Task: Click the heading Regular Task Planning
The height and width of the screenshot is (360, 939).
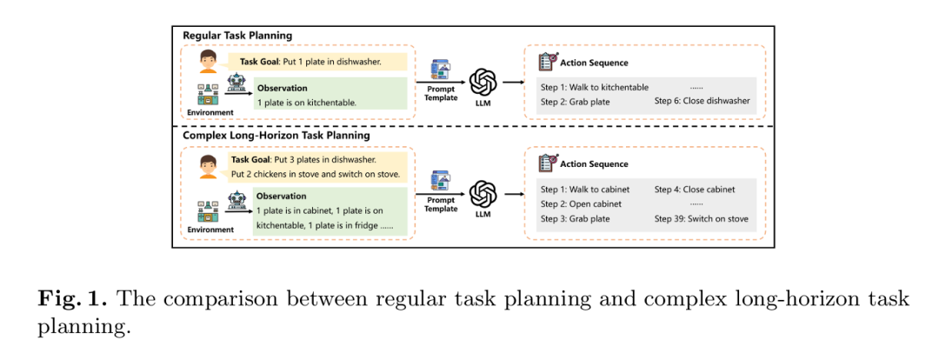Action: pyautogui.click(x=237, y=36)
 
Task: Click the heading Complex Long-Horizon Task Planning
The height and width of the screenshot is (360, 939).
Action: pyautogui.click(x=276, y=136)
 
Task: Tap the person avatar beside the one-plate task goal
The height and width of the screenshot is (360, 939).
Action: pyautogui.click(x=208, y=63)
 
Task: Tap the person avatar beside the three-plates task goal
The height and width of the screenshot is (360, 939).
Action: pyautogui.click(x=208, y=165)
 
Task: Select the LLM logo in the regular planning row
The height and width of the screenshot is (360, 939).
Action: pyautogui.click(x=483, y=82)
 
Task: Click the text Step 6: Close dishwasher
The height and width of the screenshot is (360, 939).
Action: pyautogui.click(x=702, y=102)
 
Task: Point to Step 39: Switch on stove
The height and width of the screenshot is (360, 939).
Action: pyautogui.click(x=701, y=218)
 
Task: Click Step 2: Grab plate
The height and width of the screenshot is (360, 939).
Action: pyautogui.click(x=575, y=102)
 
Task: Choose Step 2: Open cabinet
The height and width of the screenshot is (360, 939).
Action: pyautogui.click(x=582, y=203)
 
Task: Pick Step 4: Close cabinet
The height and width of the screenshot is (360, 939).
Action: pyautogui.click(x=695, y=189)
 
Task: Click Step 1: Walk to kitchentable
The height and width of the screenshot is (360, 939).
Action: pyautogui.click(x=595, y=88)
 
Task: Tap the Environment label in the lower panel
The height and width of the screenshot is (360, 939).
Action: pyautogui.click(x=210, y=230)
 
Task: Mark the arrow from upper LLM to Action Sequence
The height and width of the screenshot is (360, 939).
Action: pyautogui.click(x=513, y=83)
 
